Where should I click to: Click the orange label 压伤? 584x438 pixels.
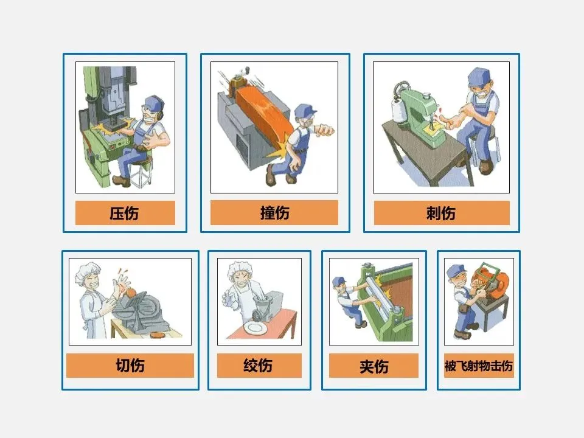[125, 213]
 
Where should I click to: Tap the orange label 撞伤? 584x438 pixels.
[274, 213]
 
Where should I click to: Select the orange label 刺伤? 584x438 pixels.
[442, 213]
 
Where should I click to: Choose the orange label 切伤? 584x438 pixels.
[130, 366]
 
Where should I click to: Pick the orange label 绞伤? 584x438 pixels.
[259, 366]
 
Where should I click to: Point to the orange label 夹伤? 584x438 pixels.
[374, 366]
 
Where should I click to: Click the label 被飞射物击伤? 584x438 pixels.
[479, 366]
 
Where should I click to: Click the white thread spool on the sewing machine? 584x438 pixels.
[399, 111]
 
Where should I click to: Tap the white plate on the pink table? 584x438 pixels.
[255, 328]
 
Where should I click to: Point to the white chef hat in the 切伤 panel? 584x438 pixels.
[87, 271]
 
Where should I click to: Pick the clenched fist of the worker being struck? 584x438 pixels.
[325, 130]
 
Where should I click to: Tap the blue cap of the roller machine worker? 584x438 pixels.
[339, 281]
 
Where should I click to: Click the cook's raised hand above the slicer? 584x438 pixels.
[122, 282]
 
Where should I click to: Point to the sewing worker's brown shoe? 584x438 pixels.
[485, 167]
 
